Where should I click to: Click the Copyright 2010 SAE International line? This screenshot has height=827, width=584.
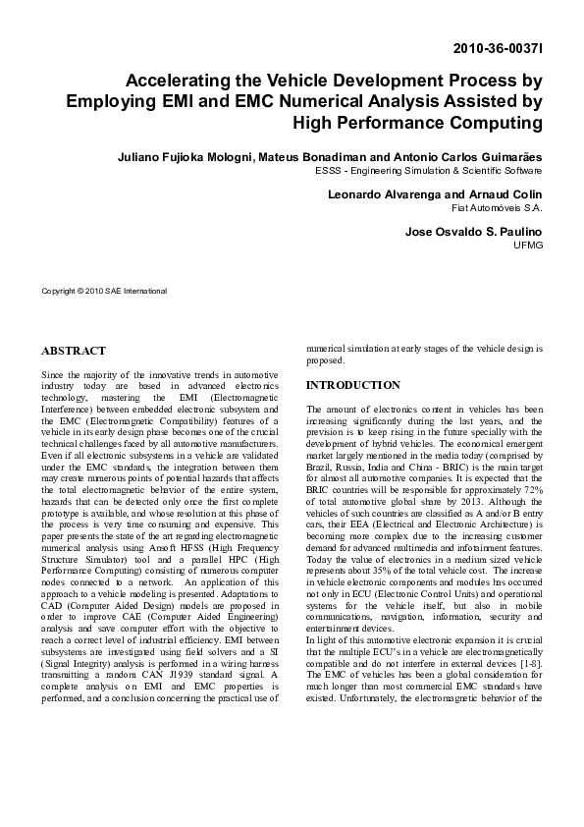pos(104,291)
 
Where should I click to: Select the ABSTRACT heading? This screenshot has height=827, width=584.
pos(74,351)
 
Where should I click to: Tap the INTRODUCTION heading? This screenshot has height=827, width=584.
pos(353,386)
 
